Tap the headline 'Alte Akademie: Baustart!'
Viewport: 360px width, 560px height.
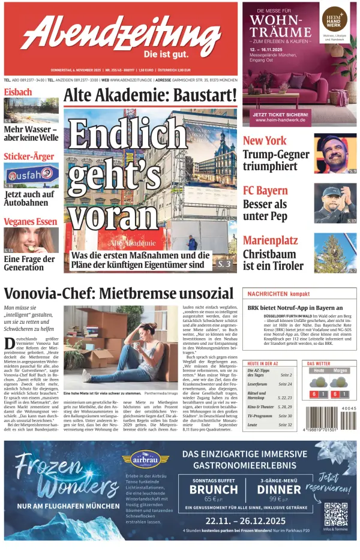[150, 95]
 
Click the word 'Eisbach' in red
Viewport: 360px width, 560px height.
[18, 92]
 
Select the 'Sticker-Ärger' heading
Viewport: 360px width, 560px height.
[29, 156]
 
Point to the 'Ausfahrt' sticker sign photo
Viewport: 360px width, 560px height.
[31, 175]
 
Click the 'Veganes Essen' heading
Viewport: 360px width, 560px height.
[31, 221]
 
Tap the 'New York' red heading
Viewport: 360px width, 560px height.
[265, 140]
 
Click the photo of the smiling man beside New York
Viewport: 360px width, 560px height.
[335, 153]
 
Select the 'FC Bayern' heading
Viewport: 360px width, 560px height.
[265, 191]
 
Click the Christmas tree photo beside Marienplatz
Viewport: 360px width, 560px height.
[335, 252]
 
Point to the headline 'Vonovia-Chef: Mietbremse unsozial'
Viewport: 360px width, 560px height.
[119, 293]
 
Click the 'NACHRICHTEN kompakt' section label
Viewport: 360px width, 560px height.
[279, 294]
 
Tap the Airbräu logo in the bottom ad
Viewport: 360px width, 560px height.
[146, 459]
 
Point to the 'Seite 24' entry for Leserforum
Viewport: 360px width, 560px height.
[285, 384]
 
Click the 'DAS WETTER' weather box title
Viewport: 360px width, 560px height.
[319, 364]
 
